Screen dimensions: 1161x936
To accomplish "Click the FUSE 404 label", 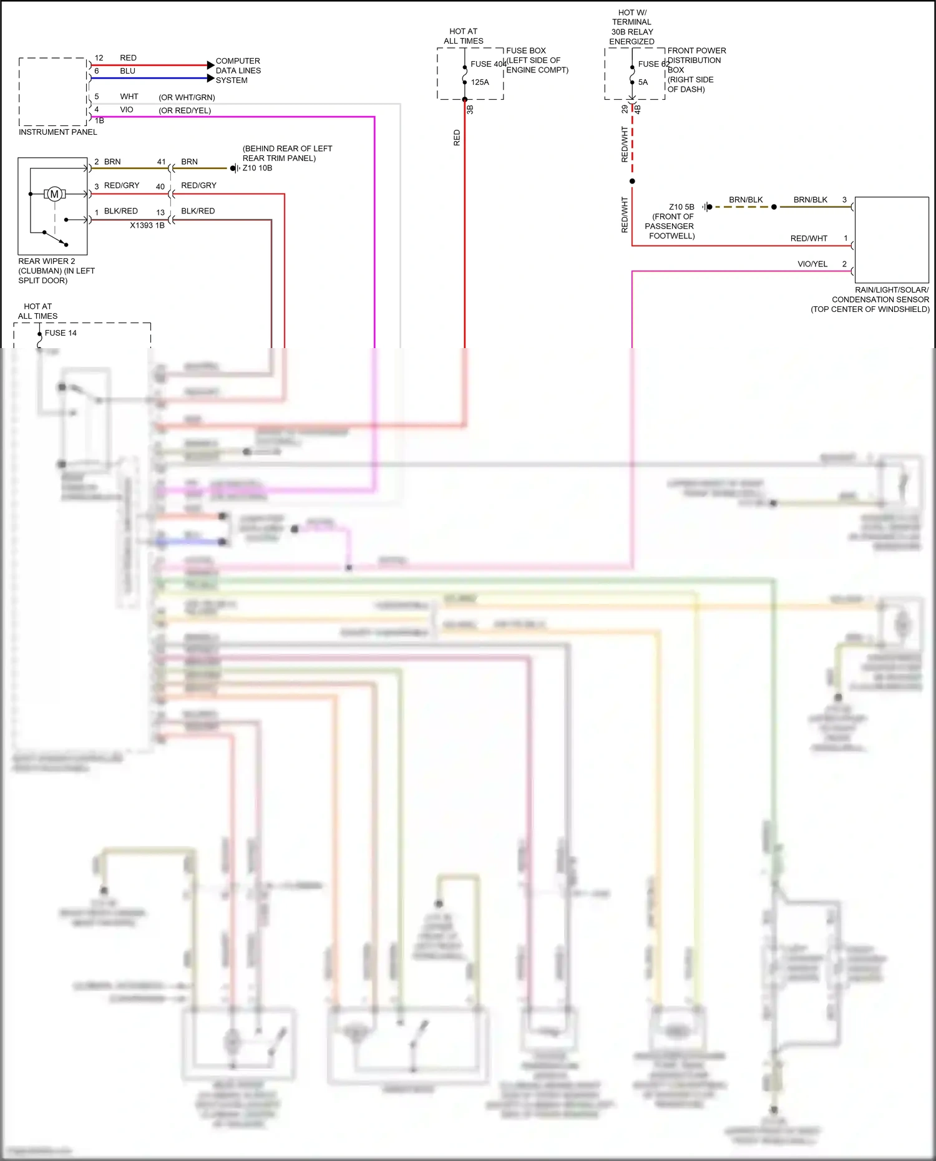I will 488,64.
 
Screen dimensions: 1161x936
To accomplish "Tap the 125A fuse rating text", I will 480,82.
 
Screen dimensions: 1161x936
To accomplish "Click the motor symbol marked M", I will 54,194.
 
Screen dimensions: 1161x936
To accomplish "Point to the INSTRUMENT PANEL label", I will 58,132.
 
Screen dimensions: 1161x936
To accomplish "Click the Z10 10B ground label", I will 257,168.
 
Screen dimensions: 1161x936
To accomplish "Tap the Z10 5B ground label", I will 681,207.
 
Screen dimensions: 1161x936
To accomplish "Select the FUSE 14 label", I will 61,333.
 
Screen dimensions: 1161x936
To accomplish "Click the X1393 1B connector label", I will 147,225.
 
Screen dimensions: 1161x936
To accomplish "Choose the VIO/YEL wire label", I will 812,265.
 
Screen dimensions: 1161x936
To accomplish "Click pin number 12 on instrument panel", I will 99,58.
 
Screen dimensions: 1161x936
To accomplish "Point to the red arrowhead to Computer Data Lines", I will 210,65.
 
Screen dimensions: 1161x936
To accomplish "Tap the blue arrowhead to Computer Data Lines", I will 210,78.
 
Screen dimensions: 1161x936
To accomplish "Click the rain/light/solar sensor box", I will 891,240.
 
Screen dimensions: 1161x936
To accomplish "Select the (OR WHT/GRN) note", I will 187,98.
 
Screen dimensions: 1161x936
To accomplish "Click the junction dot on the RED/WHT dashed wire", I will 632,182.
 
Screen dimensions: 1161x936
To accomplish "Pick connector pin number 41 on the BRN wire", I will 161,162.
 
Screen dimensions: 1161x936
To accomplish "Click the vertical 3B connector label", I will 470,110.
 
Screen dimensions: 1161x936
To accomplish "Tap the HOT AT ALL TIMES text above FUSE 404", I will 464,36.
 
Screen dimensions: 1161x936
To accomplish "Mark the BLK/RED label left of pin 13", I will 120,211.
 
